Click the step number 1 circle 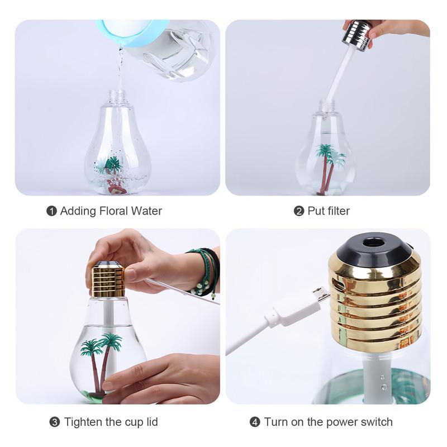click(x=51, y=211)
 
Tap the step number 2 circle click(x=299, y=211)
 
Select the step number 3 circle click(x=55, y=422)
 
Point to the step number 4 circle click(x=255, y=422)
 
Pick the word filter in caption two click(x=336, y=211)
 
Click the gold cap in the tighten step click(x=108, y=280)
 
